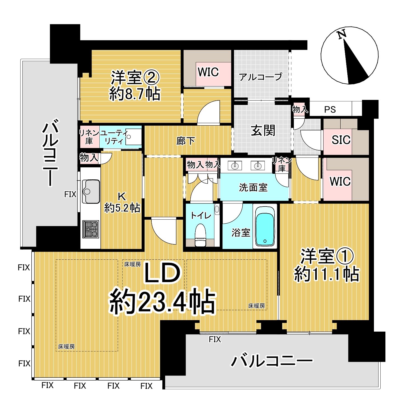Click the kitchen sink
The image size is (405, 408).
(x=91, y=191)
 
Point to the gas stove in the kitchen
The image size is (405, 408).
(x=91, y=229)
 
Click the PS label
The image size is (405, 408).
(x=330, y=109)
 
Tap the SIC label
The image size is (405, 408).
(x=341, y=140)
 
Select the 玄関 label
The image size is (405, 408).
(x=263, y=130)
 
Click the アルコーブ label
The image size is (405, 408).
(x=261, y=77)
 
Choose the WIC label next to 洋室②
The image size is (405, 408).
(x=208, y=72)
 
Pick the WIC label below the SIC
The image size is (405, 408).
(x=340, y=181)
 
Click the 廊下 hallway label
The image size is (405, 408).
(x=186, y=141)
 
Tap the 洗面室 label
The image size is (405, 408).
(x=253, y=187)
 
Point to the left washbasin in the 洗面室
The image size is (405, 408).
(x=235, y=166)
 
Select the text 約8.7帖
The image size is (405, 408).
(x=135, y=94)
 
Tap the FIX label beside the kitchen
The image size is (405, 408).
(x=70, y=194)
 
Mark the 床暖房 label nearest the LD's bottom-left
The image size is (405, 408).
(x=67, y=346)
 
